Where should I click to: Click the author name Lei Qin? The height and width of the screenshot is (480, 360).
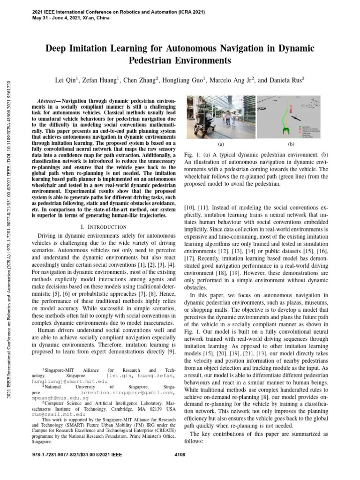point(67,80)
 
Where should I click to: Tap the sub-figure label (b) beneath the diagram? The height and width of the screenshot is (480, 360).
point(291,145)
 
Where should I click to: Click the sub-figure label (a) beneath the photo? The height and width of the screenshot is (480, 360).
point(221,145)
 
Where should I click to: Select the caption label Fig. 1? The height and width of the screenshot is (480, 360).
point(193,154)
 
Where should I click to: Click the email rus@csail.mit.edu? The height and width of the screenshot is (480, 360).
point(59,415)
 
